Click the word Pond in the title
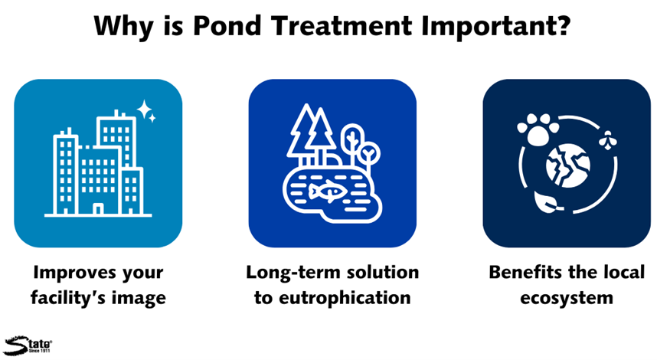click(x=227, y=26)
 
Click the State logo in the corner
click(x=28, y=345)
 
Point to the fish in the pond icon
click(x=327, y=192)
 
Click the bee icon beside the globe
click(x=607, y=139)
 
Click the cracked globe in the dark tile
click(x=567, y=165)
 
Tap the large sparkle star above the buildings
click(x=144, y=110)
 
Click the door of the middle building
click(x=98, y=208)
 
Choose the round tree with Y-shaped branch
click(x=368, y=154)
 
